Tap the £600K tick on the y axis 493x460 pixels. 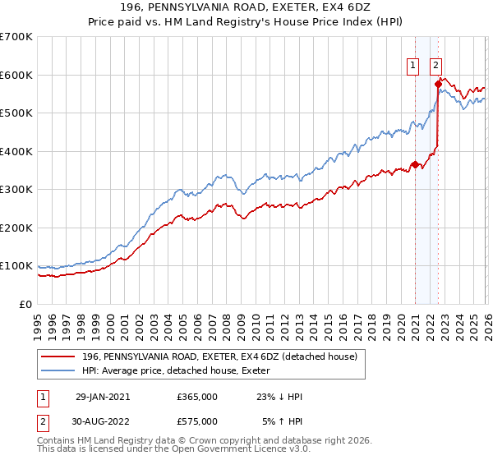click(x=16, y=75)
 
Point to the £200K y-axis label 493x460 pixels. click(x=16, y=228)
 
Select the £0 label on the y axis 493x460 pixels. click(x=25, y=304)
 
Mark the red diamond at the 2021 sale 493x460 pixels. click(x=415, y=164)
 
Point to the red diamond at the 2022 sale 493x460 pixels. click(x=438, y=84)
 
